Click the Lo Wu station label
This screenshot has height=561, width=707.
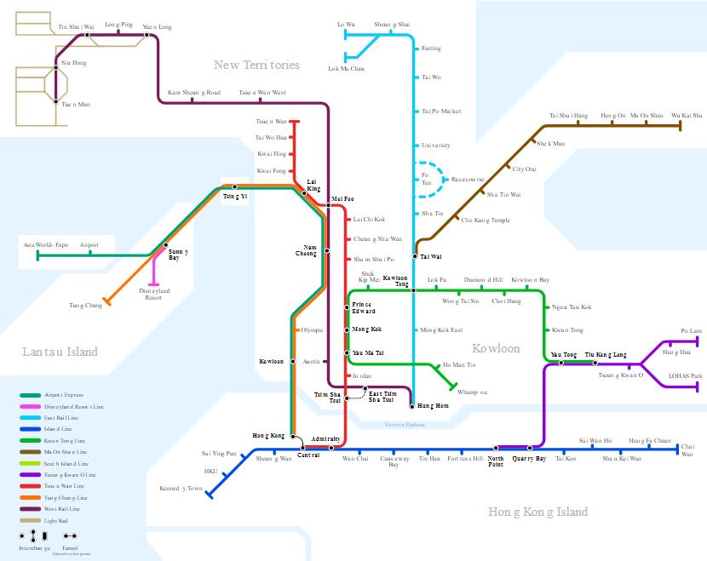(346, 25)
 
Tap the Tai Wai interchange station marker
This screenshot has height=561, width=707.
(414, 256)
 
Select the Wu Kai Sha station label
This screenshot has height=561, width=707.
(687, 115)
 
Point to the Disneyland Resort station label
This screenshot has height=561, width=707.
(153, 294)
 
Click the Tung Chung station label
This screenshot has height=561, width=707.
(86, 305)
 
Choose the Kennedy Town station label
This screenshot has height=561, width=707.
(181, 489)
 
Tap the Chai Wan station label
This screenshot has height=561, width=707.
(687, 449)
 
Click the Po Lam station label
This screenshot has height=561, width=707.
(691, 331)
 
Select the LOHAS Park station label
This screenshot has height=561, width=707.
(686, 375)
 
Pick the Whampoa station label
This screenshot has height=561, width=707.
(472, 392)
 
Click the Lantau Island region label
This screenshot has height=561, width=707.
(60, 352)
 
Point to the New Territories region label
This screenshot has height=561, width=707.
(256, 65)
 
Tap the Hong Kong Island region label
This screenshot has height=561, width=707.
(537, 512)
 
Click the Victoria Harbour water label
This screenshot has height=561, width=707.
(405, 424)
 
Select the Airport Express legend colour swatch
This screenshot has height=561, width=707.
(30, 395)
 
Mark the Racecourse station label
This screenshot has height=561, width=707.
(468, 180)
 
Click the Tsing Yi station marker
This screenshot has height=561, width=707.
(235, 186)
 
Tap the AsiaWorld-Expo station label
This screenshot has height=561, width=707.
(45, 245)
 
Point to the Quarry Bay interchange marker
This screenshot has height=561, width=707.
(530, 447)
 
